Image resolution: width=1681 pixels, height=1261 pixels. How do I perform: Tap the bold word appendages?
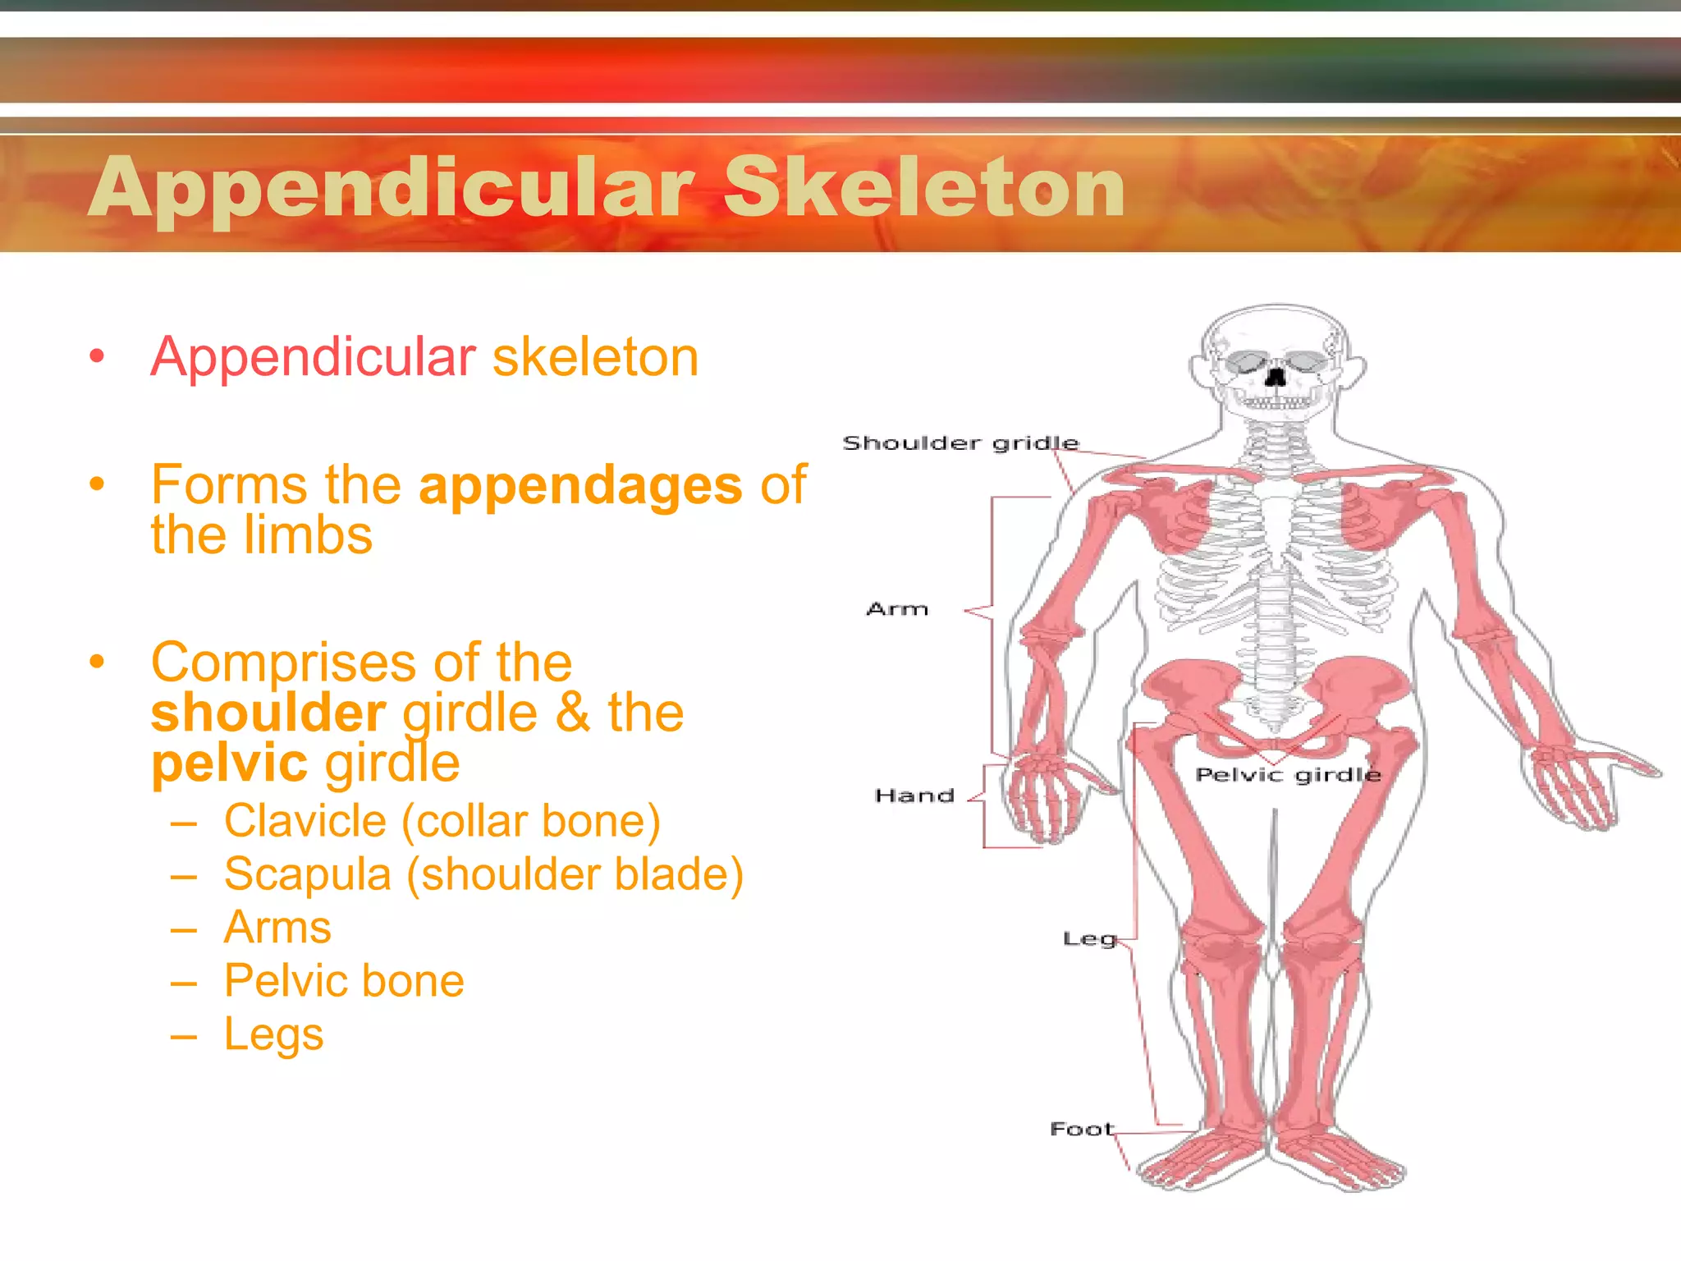click(580, 485)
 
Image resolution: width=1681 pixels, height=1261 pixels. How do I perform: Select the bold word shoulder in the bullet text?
click(268, 712)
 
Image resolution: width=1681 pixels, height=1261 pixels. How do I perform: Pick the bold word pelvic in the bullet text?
click(229, 763)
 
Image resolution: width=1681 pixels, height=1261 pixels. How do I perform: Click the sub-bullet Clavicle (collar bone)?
click(442, 821)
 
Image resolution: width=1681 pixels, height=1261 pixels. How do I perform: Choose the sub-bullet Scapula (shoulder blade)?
click(483, 874)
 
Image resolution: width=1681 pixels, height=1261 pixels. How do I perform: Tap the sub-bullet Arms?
click(277, 928)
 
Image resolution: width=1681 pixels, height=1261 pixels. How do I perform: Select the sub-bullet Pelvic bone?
click(344, 981)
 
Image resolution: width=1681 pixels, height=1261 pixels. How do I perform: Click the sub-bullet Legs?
click(273, 1034)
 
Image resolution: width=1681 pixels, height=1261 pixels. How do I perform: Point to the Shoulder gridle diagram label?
click(960, 443)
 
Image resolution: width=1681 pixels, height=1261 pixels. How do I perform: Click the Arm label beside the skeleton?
click(897, 609)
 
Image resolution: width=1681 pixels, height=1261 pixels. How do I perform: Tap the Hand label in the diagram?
click(914, 796)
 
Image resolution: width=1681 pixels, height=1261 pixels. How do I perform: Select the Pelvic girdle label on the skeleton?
click(1288, 775)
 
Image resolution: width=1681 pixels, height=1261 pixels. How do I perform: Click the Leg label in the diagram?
click(1089, 939)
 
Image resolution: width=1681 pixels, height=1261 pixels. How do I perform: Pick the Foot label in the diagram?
click(1082, 1129)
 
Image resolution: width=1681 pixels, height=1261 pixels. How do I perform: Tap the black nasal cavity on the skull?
click(1276, 378)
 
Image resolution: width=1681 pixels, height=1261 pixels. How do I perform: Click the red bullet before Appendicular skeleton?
click(98, 356)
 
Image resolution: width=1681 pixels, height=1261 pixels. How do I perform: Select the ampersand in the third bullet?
click(572, 712)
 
